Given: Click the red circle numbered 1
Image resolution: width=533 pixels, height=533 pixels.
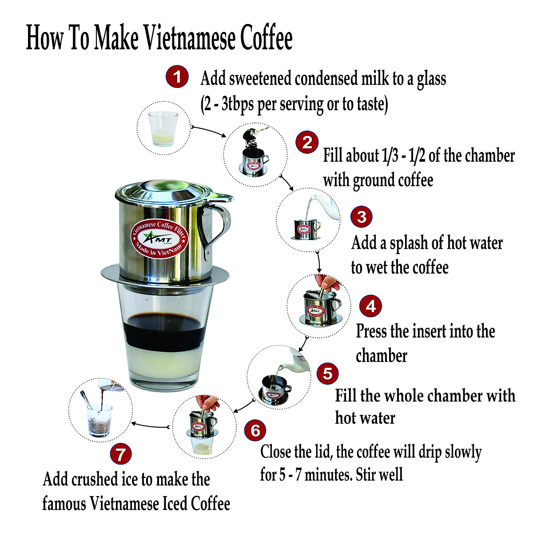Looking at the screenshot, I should click(177, 77).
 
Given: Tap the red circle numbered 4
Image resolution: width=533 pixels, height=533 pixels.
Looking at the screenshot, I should click(370, 306).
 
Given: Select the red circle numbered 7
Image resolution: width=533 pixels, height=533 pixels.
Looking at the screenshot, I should click(121, 454).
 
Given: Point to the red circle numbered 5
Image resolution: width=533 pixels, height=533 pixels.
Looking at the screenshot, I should click(327, 373).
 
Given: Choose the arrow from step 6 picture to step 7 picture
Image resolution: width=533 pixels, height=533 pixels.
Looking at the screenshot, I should click(151, 426).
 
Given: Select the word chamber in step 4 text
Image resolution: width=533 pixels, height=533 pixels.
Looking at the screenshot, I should click(382, 356).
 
